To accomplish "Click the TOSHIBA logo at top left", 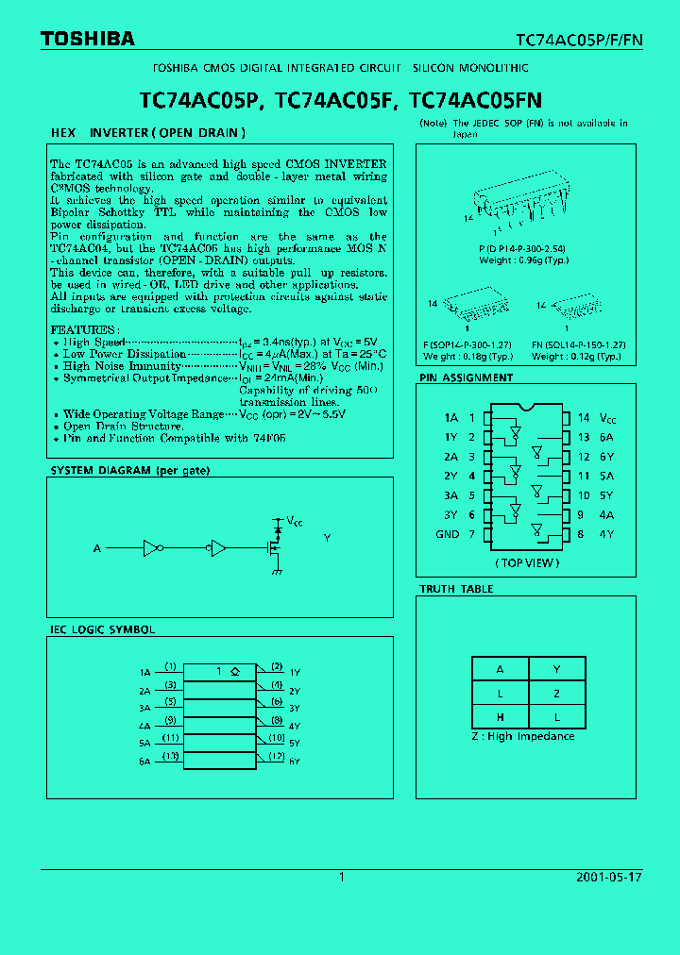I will pos(87,39).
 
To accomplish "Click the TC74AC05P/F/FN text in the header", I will pos(578,40).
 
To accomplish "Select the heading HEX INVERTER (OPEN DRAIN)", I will pos(147,133).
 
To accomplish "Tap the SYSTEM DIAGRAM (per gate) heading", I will pos(129,470).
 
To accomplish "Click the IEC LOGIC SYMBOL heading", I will pos(102,629).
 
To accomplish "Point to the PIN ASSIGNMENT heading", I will pos(466,377).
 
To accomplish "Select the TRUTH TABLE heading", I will pos(456,589).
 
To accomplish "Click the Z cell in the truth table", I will pos(556,694).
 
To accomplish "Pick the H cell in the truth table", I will pos(500,717).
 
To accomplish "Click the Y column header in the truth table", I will pos(556,669).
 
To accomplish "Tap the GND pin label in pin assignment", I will pos(447,534).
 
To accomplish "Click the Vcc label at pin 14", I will pos(609,417).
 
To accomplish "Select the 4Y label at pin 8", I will pos(605,534).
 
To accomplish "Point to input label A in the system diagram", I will pos(96,548).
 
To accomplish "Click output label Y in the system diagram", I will pos(327,538).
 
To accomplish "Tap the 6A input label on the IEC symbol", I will pos(144,761).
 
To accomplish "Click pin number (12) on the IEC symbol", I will pos(276,756).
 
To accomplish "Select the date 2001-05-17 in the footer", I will pos(608,877).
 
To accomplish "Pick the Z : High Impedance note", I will pos(522,736).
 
